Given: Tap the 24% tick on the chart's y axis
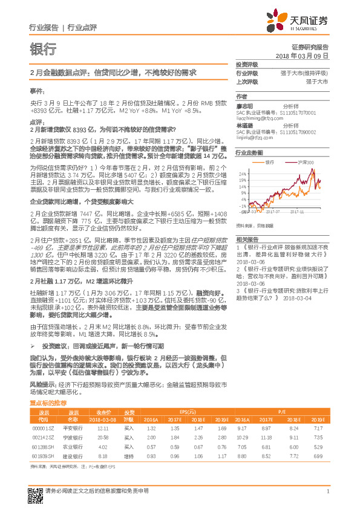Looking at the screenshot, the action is click(x=242, y=173).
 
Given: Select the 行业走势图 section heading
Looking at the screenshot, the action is click(x=249, y=153).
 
